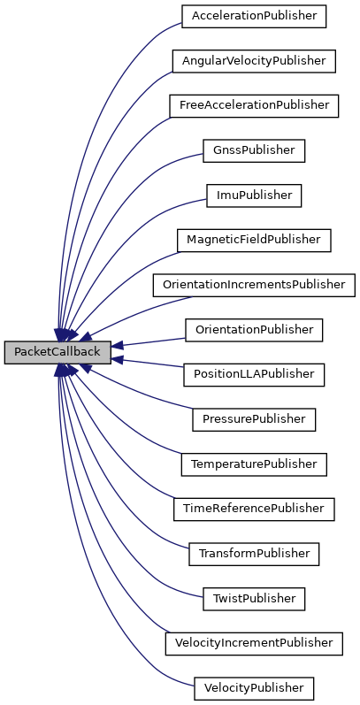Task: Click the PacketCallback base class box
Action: coord(57,352)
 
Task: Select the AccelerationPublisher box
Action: coord(254,16)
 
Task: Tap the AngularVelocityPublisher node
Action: coord(254,61)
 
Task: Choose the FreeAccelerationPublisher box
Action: coord(254,105)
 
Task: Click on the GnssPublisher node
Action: coord(254,150)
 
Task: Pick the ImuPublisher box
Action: coord(254,195)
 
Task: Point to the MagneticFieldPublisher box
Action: coord(254,240)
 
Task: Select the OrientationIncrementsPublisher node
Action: coord(254,285)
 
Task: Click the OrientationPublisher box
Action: coord(254,330)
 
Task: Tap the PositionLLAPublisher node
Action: coord(254,374)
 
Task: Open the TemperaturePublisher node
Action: coord(254,464)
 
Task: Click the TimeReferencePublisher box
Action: coord(254,509)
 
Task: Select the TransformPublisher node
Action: coord(254,554)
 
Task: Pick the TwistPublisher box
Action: coord(254,599)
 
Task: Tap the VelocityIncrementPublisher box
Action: coord(254,643)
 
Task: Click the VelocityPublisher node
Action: coord(254,687)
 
